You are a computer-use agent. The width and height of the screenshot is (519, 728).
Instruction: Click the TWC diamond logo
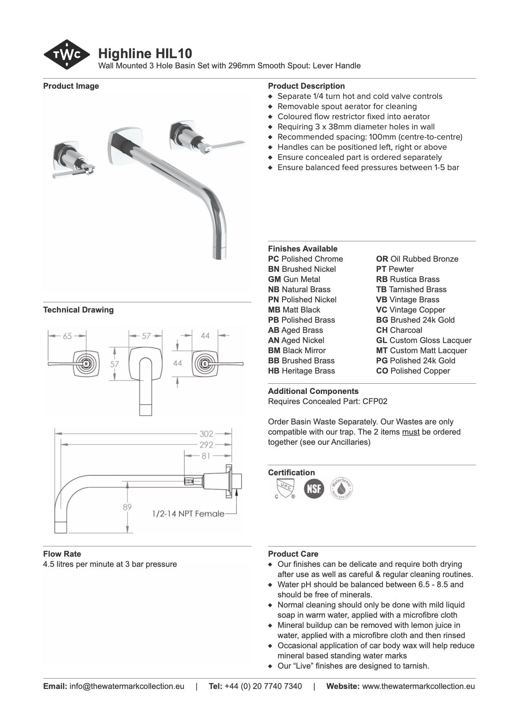click(66, 55)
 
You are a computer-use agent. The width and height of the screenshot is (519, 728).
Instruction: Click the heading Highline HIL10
click(145, 54)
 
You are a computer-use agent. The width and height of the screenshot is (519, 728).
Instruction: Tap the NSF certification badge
click(314, 488)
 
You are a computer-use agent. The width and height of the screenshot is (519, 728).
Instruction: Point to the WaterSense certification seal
click(341, 488)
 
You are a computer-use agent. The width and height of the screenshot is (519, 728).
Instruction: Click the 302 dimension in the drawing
click(206, 434)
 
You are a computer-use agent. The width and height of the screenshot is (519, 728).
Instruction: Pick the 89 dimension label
click(127, 507)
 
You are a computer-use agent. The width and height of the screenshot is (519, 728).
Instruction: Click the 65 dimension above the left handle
click(67, 336)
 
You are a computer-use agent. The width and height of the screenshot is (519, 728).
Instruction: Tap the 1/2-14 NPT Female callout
click(188, 514)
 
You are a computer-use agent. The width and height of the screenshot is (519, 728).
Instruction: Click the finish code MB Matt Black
click(294, 310)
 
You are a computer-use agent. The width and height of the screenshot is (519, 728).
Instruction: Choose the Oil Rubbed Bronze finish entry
click(417, 259)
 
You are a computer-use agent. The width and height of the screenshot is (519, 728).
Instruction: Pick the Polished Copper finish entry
click(413, 371)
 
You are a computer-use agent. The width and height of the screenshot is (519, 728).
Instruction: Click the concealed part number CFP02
click(375, 401)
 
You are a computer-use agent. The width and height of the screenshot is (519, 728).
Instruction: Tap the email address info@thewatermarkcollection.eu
click(127, 686)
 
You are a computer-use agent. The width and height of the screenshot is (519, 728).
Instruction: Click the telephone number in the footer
click(263, 686)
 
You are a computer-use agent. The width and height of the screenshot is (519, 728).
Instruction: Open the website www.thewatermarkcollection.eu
click(418, 686)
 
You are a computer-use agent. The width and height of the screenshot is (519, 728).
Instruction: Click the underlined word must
click(410, 432)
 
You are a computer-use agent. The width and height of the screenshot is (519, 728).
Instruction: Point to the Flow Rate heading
click(62, 554)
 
